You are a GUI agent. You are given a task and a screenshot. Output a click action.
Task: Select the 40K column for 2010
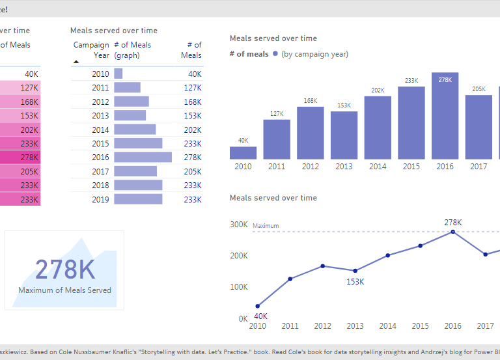coord(243,153)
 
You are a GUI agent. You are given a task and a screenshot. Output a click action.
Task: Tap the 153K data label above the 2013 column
coord(344,105)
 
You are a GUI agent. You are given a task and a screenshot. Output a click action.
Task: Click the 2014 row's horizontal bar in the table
coord(135,130)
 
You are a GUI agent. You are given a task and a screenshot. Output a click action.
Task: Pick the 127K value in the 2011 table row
coord(192,88)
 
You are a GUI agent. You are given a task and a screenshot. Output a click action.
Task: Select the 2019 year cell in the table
coord(100,199)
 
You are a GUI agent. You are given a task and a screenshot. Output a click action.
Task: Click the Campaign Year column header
coord(91,50)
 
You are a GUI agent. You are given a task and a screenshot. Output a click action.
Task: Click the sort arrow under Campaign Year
coord(76,62)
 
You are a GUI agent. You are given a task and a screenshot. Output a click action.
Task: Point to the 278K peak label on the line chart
coord(453,222)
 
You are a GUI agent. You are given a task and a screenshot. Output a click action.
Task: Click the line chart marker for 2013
coord(355,271)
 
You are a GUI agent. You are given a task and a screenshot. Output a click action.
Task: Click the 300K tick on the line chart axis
coord(239,225)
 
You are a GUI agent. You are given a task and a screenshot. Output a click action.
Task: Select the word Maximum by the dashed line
coord(266,226)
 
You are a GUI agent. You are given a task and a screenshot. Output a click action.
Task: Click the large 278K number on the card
coord(64,270)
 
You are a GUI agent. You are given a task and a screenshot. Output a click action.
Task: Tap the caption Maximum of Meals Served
coord(64,290)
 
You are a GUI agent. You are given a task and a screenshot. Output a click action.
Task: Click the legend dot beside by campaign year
coord(275,54)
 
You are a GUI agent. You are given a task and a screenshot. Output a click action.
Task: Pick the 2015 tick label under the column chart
coord(411,167)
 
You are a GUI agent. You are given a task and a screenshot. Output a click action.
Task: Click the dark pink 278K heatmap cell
coord(20,158)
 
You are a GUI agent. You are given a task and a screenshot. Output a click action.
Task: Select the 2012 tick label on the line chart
coord(323,325)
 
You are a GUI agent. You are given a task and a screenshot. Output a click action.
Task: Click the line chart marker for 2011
coord(290,279)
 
